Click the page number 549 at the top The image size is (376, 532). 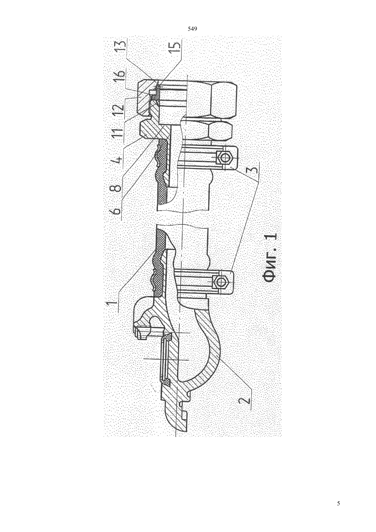[x=192, y=29]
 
